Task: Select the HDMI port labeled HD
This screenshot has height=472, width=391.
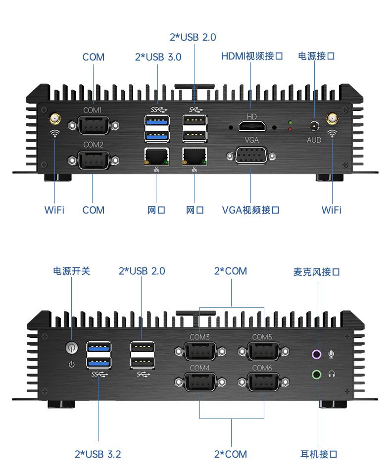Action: click(x=251, y=127)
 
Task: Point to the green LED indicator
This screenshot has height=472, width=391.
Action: click(x=290, y=122)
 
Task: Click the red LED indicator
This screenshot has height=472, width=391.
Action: click(x=290, y=129)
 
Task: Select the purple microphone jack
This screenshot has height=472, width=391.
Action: click(x=317, y=354)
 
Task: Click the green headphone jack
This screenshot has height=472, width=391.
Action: click(x=317, y=374)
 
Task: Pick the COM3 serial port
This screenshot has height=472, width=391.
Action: click(x=200, y=352)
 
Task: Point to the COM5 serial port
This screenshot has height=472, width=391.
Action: click(x=263, y=352)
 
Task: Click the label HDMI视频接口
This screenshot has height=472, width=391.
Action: click(x=252, y=56)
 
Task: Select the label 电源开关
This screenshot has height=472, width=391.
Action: click(x=72, y=271)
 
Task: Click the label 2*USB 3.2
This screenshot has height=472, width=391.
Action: click(x=98, y=454)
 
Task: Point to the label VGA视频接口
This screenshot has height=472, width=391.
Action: click(x=250, y=210)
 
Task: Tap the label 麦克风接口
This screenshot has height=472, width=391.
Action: click(x=317, y=272)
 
